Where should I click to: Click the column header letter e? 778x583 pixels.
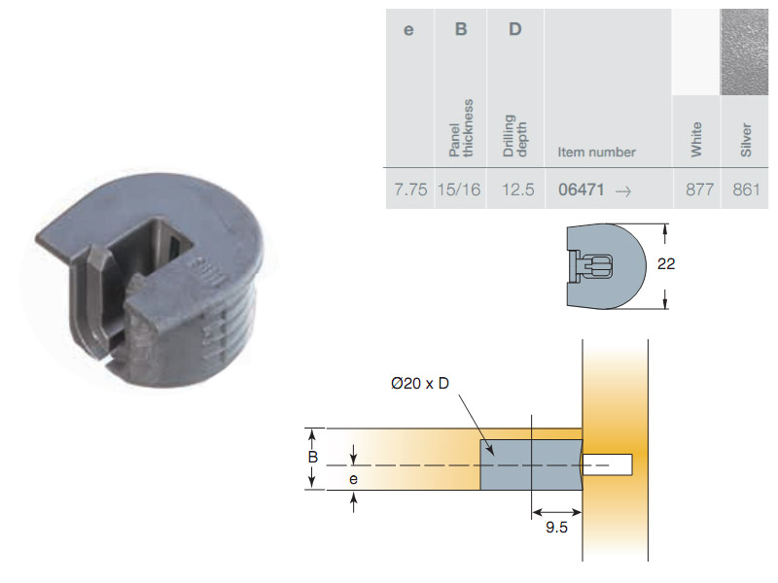tap(408, 30)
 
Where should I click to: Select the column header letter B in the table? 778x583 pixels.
tap(461, 29)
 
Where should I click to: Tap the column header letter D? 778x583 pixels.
tap(515, 29)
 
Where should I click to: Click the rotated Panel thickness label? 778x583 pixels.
tap(461, 128)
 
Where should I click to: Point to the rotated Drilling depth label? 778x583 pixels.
tap(514, 135)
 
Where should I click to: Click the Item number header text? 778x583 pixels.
tap(596, 152)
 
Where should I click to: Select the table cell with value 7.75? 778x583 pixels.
tap(410, 189)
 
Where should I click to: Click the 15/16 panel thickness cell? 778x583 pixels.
tap(459, 189)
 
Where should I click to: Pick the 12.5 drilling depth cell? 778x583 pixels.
tap(518, 189)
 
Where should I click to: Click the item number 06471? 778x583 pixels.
tap(581, 189)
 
